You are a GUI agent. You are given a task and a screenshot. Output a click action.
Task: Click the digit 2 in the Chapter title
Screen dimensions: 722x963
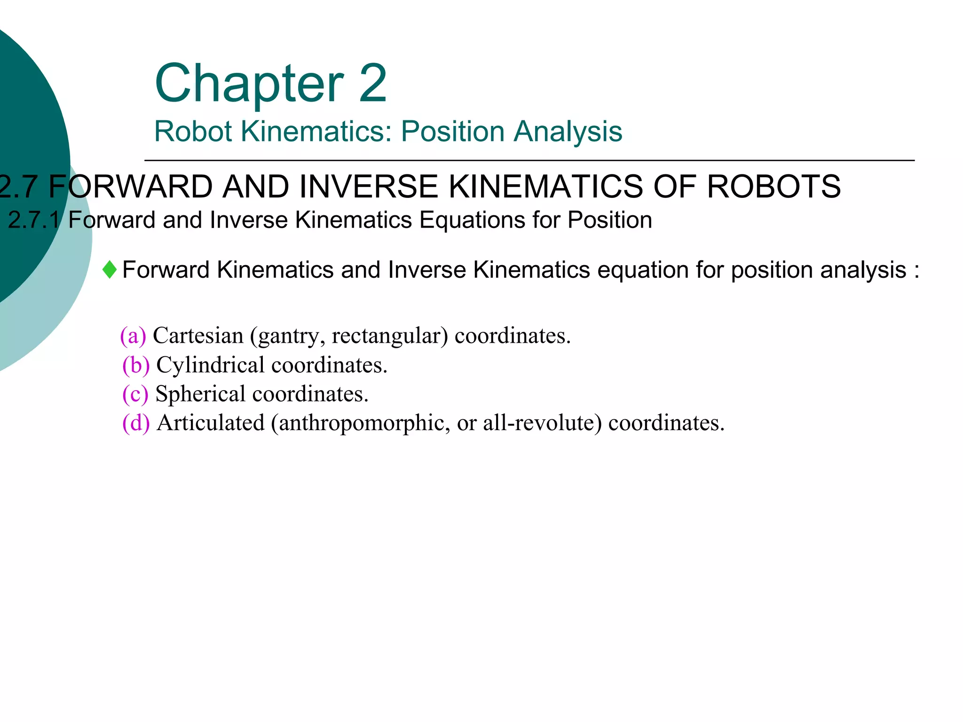[x=372, y=83]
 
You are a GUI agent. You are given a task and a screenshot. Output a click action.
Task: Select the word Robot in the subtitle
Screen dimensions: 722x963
[x=193, y=131]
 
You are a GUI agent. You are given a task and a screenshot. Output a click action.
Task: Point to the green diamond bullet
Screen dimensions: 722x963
[x=110, y=270]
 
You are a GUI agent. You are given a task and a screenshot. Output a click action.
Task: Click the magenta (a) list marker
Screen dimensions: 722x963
[x=133, y=336]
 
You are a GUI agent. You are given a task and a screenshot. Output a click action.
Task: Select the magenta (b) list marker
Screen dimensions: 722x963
[x=135, y=365]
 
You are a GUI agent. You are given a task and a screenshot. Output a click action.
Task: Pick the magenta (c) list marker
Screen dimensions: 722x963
[x=135, y=394]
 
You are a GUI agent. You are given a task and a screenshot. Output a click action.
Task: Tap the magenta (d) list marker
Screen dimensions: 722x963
[x=135, y=423]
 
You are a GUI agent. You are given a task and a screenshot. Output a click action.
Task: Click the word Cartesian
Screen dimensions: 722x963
[x=198, y=336]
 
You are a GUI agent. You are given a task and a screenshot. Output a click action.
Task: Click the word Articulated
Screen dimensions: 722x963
[x=211, y=423]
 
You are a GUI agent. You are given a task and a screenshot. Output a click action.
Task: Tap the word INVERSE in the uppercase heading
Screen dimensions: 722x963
[x=369, y=187]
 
